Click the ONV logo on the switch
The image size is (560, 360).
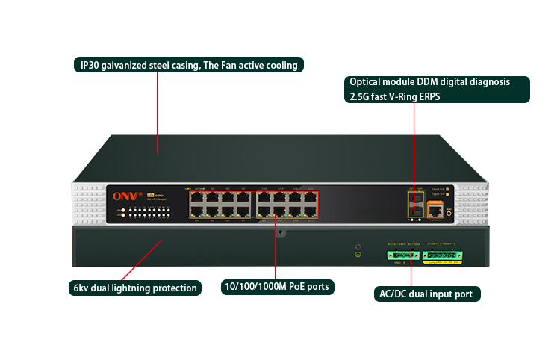point(122,196)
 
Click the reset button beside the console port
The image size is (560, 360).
point(449,213)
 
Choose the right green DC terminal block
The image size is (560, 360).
point(444,255)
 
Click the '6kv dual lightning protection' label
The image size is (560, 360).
point(134,288)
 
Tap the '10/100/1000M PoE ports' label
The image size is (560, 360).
point(277,287)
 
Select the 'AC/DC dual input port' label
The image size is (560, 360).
point(426,294)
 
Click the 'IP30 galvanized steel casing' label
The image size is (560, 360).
point(189,65)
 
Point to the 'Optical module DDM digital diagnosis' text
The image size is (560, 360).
point(429,81)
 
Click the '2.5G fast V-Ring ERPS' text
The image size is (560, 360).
point(399,96)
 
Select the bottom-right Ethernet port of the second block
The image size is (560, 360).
point(311,211)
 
